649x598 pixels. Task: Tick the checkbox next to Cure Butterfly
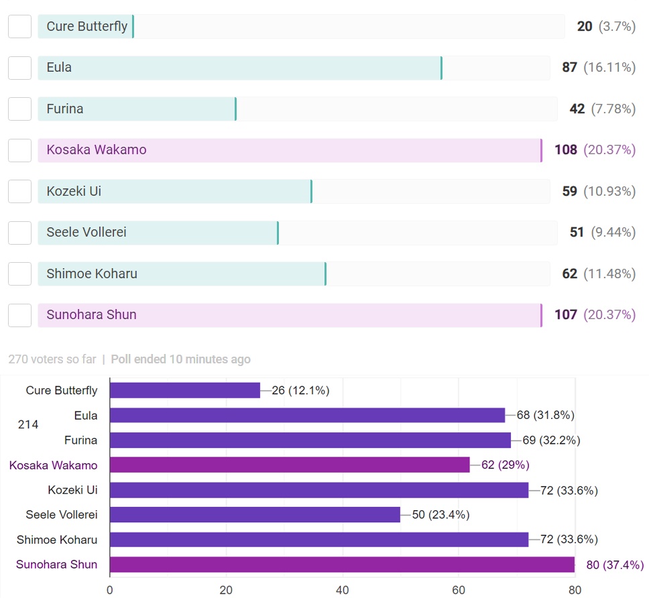19,27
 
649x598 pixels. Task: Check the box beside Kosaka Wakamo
19,150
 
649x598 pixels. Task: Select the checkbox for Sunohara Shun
19,315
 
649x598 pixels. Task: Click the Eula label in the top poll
59,68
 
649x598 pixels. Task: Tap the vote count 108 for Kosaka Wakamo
566,150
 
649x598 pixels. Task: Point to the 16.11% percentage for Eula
609,68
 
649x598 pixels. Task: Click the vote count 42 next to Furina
577,109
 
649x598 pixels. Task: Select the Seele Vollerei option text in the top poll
86,233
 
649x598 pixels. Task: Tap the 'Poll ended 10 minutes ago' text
180,359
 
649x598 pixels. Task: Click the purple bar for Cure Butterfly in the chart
184,390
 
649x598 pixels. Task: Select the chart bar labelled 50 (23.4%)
255,515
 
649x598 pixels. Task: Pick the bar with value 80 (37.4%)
342,564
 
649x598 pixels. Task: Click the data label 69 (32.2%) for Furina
551,440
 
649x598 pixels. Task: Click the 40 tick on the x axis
342,590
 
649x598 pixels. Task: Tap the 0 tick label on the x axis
110,590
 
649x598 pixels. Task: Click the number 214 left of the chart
28,424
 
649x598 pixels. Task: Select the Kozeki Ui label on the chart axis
72,490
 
